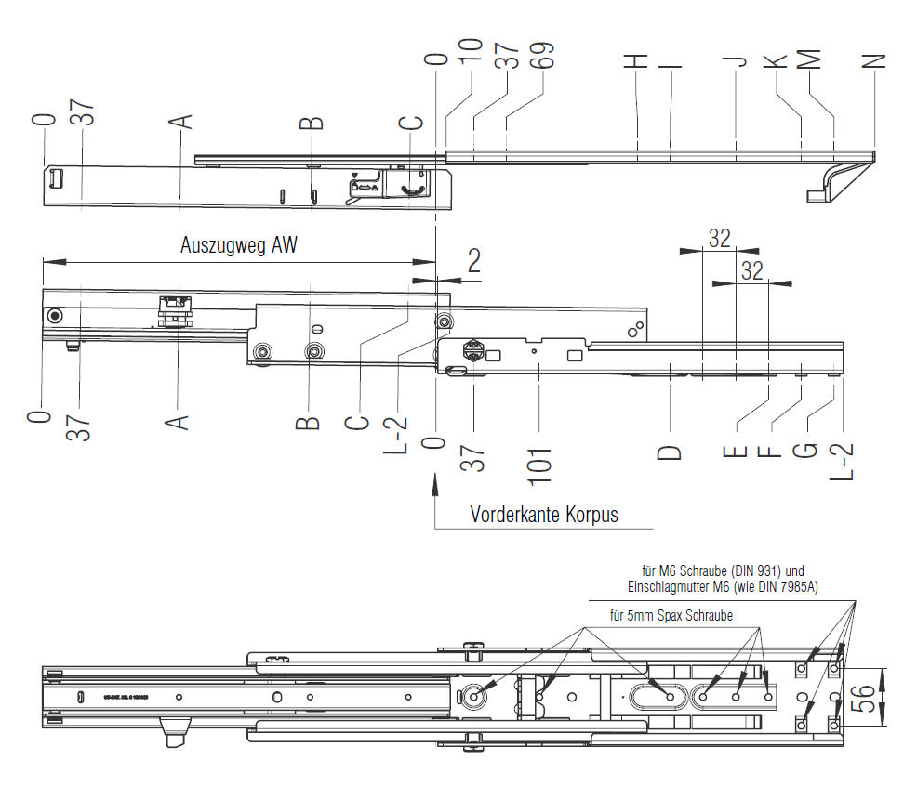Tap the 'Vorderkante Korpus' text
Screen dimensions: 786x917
pos(543,514)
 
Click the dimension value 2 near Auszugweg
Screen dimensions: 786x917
pos(473,261)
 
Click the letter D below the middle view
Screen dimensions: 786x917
pos(670,452)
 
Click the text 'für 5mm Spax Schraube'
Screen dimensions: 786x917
pos(671,616)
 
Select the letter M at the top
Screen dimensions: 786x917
pos(809,60)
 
